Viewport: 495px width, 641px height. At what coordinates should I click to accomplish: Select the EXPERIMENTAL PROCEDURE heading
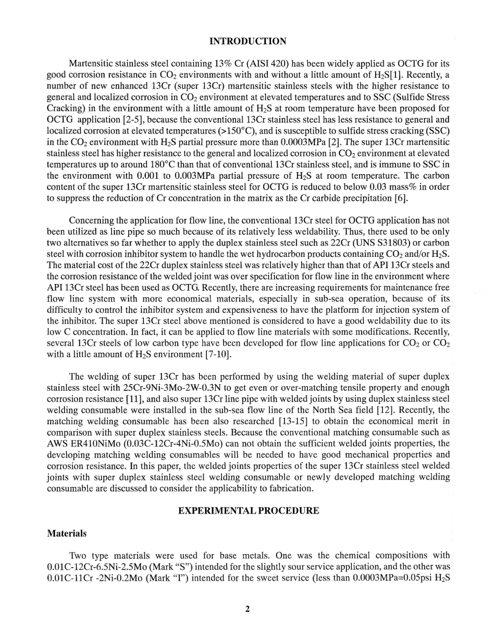click(249, 511)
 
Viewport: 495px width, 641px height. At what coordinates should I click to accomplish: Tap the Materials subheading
click(66, 534)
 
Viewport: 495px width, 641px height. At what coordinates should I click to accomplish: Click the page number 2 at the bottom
click(247, 609)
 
